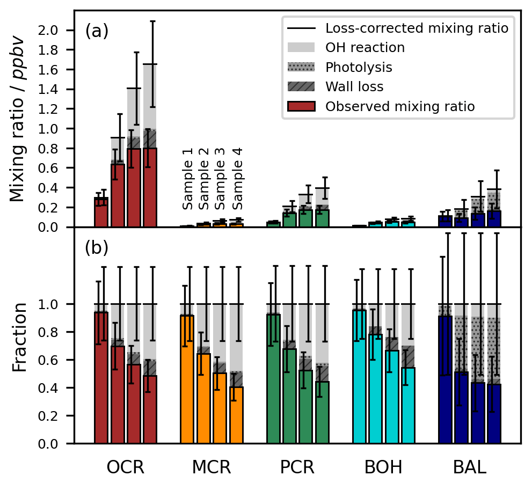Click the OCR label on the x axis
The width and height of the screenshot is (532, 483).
point(126,467)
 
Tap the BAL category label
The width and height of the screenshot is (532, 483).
point(470,467)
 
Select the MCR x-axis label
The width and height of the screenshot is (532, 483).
point(212,467)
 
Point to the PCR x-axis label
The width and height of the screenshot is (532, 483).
point(298,467)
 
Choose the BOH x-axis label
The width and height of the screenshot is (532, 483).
point(383,467)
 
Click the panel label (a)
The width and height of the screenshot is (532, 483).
point(97,32)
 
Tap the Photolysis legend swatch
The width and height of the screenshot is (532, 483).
point(304,67)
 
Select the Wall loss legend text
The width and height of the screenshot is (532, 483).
point(354,87)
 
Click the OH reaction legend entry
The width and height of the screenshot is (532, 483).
point(365,48)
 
